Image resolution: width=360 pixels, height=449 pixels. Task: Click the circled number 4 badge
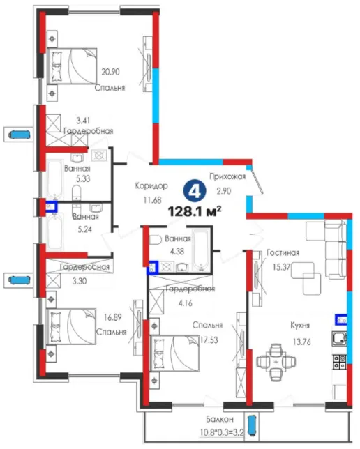(195, 192)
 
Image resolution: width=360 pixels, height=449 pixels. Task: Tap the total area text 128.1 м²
(195, 212)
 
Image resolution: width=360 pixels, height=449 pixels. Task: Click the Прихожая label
(227, 176)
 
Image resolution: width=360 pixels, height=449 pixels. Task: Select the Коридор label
(151, 186)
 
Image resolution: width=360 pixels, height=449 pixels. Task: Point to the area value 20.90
(110, 72)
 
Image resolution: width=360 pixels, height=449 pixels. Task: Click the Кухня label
(300, 326)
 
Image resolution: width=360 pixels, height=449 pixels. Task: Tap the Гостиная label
(283, 252)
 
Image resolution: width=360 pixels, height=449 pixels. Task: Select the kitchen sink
(339, 338)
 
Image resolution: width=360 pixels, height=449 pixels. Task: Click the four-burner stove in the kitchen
(339, 362)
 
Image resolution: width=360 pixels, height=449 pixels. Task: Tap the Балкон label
(220, 419)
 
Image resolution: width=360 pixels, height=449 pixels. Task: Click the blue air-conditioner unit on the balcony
(253, 425)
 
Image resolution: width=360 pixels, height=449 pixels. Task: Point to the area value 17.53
(209, 340)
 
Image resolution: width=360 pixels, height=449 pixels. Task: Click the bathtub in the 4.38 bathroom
(202, 250)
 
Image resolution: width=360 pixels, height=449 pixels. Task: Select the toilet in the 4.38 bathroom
(156, 240)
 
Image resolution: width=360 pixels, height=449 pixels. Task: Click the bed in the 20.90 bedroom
(72, 66)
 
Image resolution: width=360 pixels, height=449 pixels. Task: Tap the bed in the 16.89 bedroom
(71, 326)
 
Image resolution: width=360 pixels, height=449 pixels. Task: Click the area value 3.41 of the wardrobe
(83, 121)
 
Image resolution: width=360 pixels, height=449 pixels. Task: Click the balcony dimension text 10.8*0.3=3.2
(221, 432)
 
